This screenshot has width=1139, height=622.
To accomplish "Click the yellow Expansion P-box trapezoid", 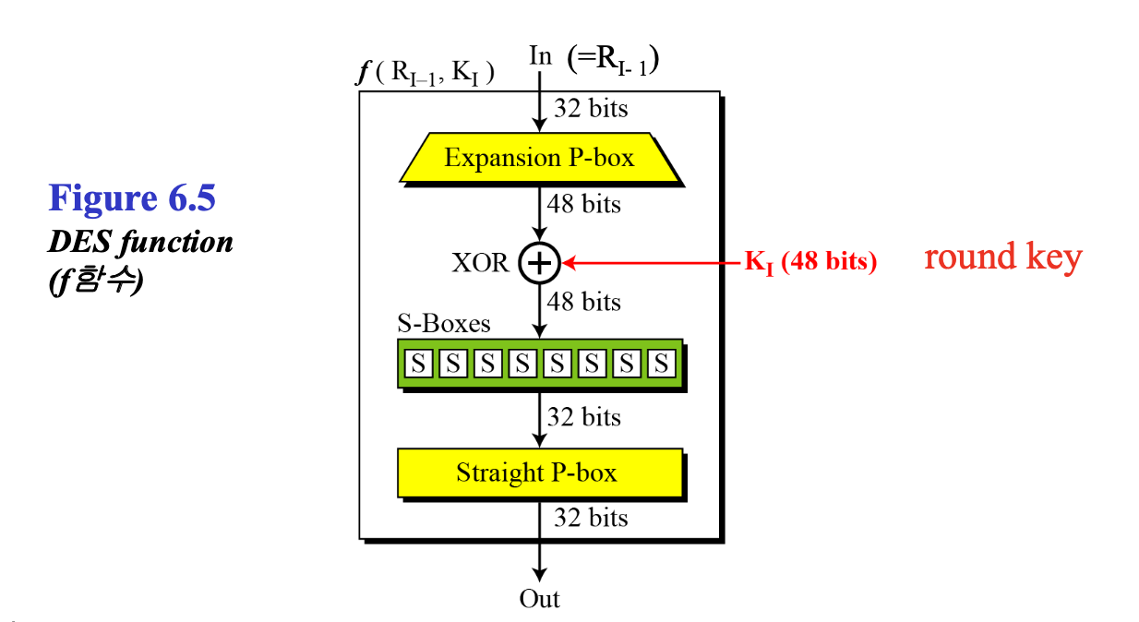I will coord(540,157).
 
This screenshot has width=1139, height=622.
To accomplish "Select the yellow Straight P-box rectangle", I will coord(540,473).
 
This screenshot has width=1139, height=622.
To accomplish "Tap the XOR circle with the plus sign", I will coord(539,263).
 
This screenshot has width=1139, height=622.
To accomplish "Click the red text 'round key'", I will coord(1002,257).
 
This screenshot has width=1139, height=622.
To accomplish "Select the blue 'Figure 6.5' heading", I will coord(132,197).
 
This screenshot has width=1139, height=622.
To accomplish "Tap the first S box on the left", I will coord(419,364).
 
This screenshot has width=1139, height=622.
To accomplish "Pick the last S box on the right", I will coord(660,364).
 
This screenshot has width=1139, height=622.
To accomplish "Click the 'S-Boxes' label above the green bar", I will coord(444,324).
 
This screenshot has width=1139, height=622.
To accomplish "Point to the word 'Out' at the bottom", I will coord(539,599).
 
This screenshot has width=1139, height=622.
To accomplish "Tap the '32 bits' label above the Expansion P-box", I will coord(591,109).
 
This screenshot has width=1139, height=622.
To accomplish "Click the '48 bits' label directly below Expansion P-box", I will coord(584,204).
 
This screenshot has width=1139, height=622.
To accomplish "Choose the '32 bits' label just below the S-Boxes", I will coord(584,417).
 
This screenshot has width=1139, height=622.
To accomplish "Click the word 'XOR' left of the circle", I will coord(480,263).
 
